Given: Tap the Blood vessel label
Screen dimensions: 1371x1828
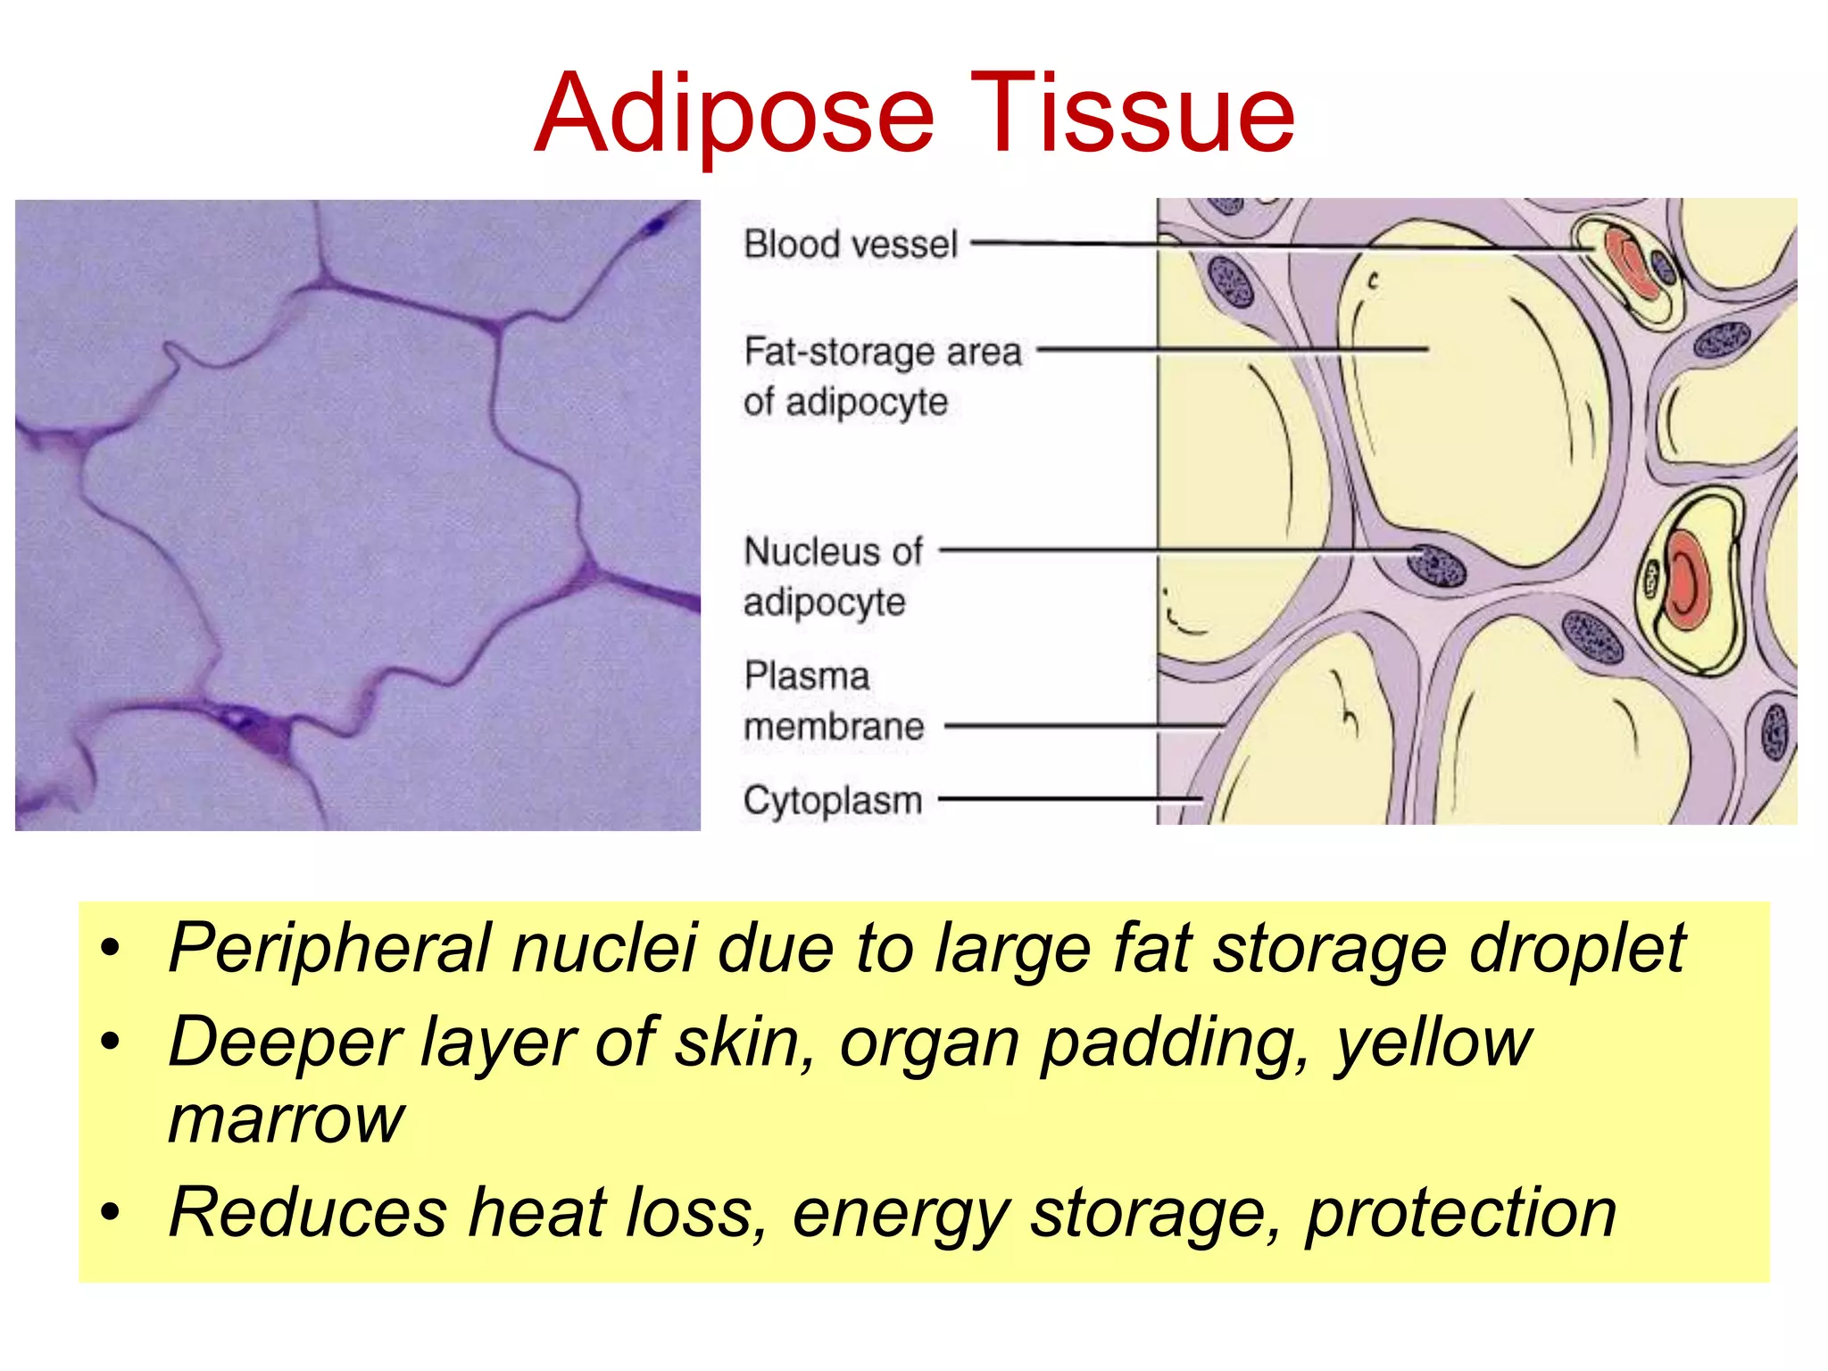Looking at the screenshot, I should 850,244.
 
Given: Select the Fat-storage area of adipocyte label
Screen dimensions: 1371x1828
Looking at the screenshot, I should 881,376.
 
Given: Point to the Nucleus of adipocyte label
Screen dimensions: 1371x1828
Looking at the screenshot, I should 832,576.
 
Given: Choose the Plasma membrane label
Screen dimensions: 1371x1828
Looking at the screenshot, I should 832,701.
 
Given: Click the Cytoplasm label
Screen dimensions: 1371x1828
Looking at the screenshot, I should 832,800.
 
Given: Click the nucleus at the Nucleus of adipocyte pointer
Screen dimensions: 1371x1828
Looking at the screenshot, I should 1436,565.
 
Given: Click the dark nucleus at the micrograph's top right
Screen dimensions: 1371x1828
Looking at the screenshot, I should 657,224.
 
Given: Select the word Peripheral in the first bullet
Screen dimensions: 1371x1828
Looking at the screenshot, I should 330,947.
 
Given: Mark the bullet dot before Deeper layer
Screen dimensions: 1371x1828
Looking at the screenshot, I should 110,1042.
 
